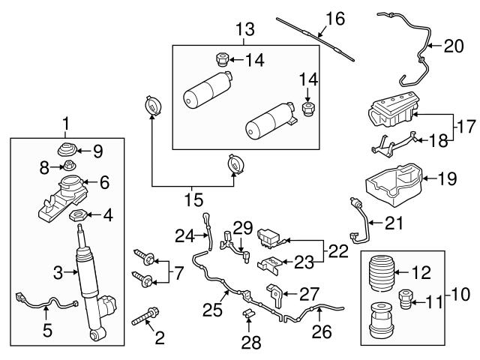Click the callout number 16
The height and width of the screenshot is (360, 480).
pyautogui.click(x=334, y=18)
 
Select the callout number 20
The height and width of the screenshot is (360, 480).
pyautogui.click(x=454, y=45)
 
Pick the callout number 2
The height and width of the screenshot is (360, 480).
pyautogui.click(x=158, y=338)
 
